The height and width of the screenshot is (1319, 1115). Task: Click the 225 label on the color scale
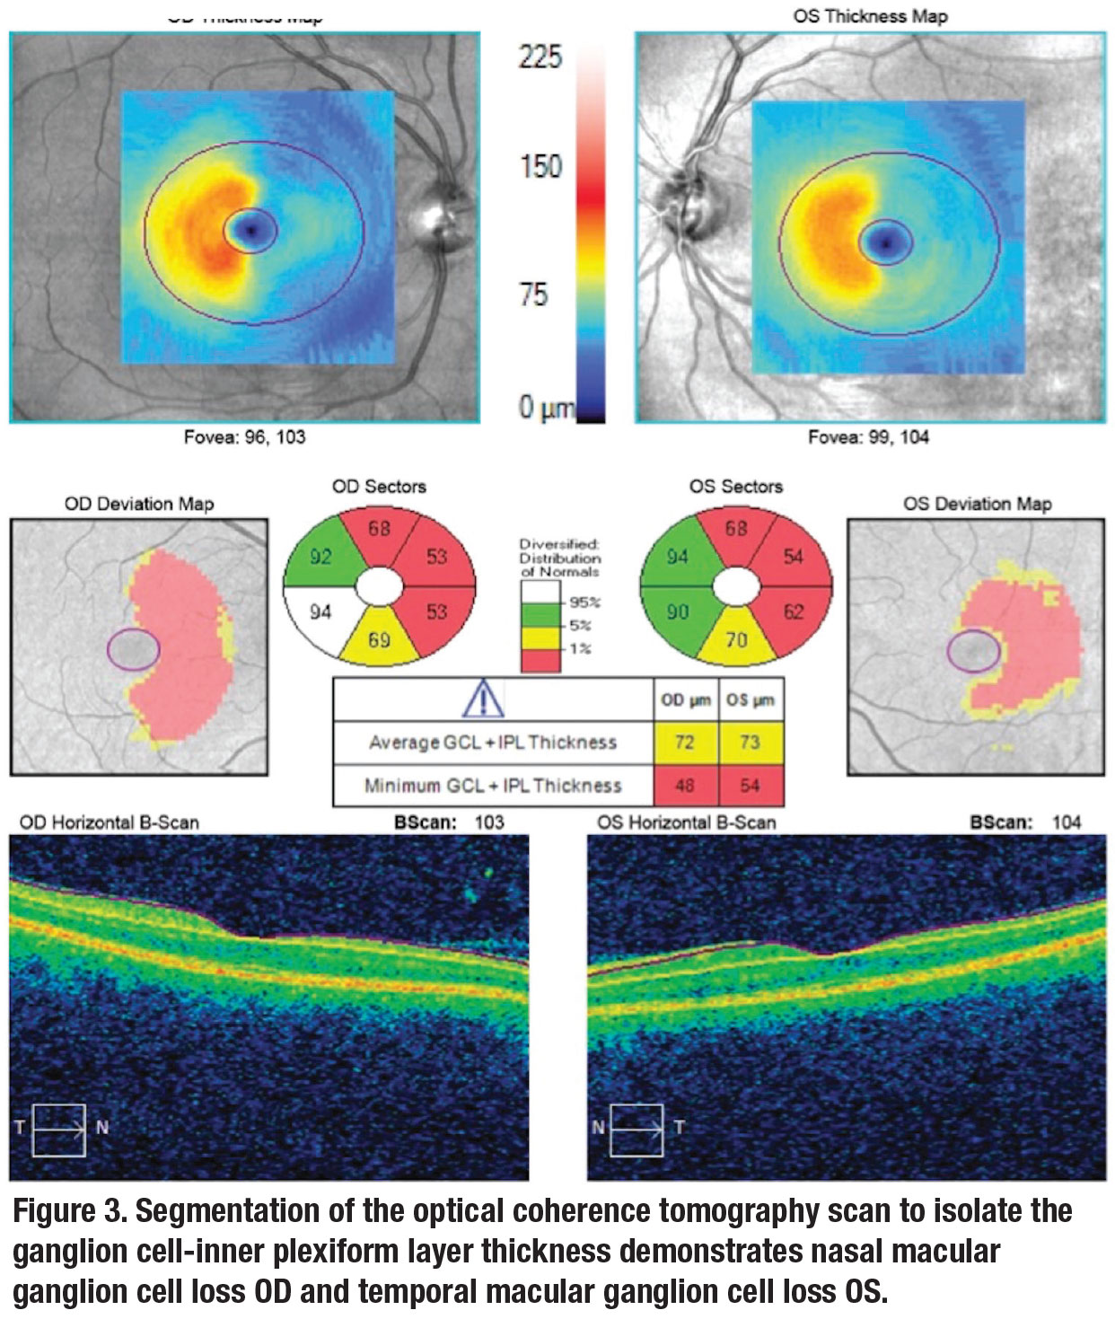click(540, 57)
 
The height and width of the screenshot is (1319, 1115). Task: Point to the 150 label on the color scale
click(540, 166)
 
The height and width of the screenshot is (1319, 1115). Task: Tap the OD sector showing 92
click(320, 556)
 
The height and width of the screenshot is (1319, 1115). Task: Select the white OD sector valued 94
click(320, 612)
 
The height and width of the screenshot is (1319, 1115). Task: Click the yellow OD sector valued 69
click(380, 640)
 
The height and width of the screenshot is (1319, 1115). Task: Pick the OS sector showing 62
click(793, 613)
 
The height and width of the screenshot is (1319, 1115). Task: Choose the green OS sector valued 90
click(678, 611)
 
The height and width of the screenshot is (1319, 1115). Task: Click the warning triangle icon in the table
click(483, 699)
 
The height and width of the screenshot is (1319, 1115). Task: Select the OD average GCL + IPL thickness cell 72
click(684, 743)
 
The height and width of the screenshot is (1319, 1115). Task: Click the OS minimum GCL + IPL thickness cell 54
click(751, 786)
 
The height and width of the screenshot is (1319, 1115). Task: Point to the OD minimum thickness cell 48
click(684, 786)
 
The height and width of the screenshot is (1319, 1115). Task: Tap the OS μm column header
click(751, 700)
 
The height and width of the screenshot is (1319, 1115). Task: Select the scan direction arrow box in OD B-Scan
click(59, 1130)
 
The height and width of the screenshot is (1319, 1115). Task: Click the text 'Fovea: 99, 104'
click(868, 438)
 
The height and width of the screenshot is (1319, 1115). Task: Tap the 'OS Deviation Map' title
click(977, 504)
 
